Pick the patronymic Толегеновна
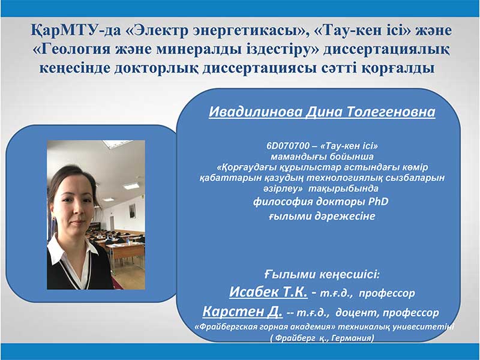391,112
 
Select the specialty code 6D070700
288,146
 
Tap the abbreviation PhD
378,202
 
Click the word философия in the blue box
283,202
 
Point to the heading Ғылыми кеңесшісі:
322,275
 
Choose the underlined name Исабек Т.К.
268,292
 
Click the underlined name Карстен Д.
242,311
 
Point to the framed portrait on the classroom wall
132,211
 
